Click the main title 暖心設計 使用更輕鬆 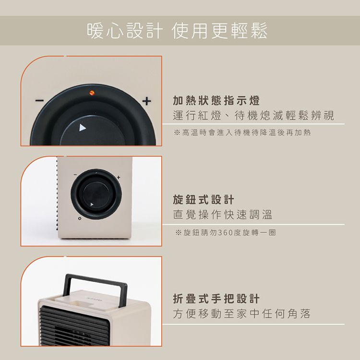(x=177, y=30)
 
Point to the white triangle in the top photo (x=83, y=128)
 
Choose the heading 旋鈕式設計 (x=204, y=199)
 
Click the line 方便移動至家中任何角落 (x=242, y=314)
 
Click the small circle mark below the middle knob (x=75, y=219)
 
